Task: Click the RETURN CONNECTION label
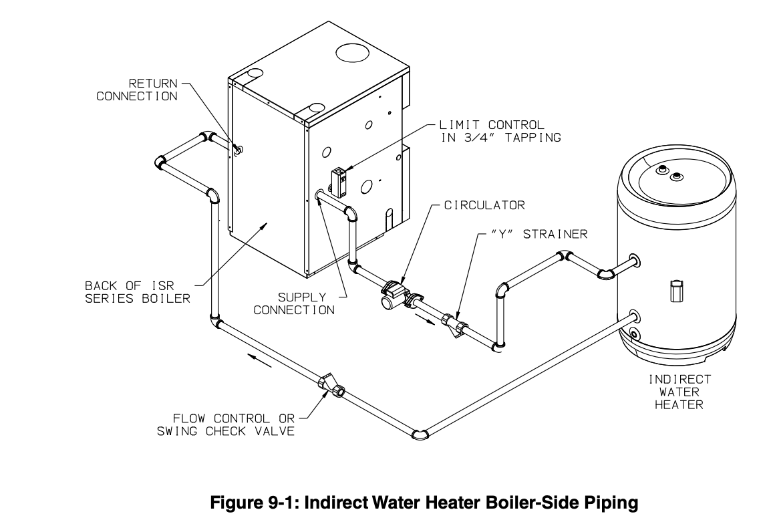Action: (x=137, y=90)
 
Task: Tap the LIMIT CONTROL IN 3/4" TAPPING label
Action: (x=499, y=131)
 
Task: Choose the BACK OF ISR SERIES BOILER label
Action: (x=137, y=292)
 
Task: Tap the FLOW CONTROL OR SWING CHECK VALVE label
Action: (x=225, y=424)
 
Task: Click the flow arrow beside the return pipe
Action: (x=261, y=362)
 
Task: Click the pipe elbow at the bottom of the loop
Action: (x=420, y=434)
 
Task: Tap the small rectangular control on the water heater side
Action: (x=675, y=292)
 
